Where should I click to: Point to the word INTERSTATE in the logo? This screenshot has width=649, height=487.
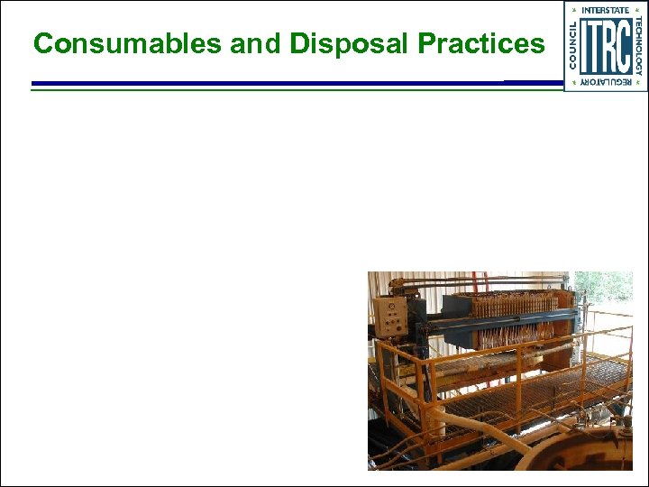click(x=605, y=10)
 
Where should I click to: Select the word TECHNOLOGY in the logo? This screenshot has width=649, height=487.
click(x=638, y=45)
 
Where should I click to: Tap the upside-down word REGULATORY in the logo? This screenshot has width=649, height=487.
click(x=605, y=82)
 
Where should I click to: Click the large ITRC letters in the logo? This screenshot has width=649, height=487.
click(x=605, y=45)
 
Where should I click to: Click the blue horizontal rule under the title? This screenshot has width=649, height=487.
click(x=270, y=84)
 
